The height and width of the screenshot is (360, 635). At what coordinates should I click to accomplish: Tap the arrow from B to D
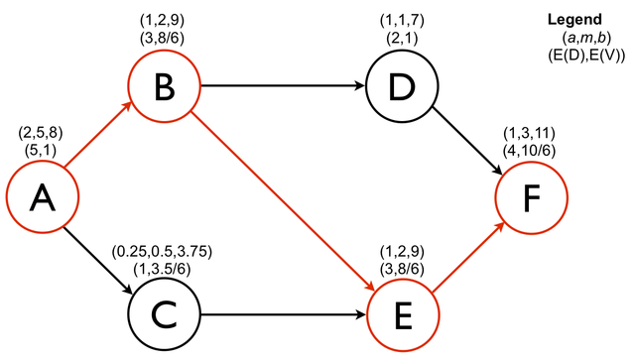point(283,86)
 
